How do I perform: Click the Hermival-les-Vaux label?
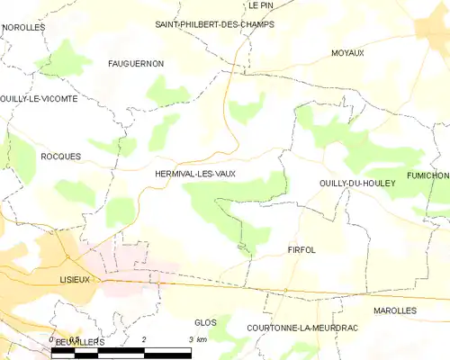tap(195, 174)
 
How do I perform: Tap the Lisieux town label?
tap(75, 280)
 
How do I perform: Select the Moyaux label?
tap(346, 53)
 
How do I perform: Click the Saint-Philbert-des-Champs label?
tap(214, 24)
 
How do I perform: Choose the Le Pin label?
tap(260, 4)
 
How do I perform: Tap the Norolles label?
tap(23, 28)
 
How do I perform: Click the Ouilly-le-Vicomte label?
tap(39, 99)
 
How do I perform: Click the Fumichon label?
tap(427, 175)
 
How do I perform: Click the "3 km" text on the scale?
tap(196, 339)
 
